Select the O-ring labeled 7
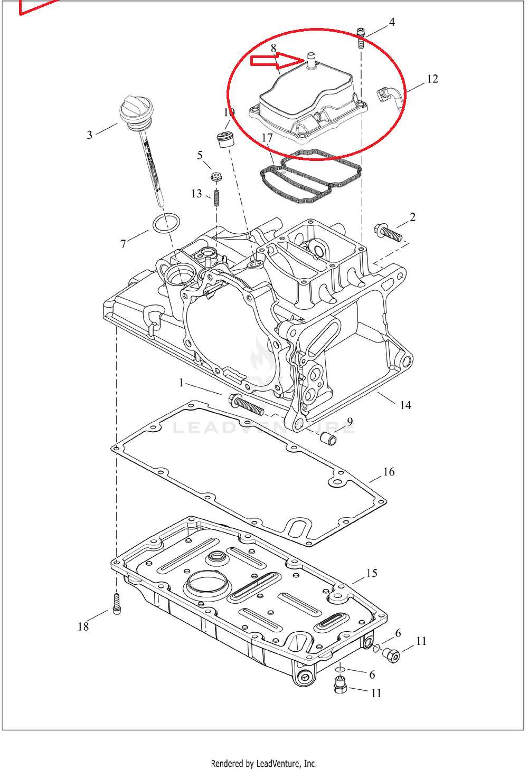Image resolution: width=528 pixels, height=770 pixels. pos(166,223)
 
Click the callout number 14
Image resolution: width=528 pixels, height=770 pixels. pos(406,405)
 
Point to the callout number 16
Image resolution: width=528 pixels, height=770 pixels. pos(389,472)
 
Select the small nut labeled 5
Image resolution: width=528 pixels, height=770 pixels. pos(215,176)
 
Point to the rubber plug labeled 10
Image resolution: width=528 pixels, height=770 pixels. pos(225,139)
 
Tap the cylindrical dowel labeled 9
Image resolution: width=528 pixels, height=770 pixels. pos(328,438)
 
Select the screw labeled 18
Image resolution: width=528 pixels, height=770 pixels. pos(117,603)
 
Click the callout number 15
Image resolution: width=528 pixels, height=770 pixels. pos(372,573)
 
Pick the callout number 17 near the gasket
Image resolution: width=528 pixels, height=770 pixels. pos(267,138)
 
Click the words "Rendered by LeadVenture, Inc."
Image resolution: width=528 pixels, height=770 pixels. pos(263,763)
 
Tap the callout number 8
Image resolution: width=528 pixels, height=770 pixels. pos(274,48)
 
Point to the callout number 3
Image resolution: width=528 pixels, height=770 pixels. pos(90,135)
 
